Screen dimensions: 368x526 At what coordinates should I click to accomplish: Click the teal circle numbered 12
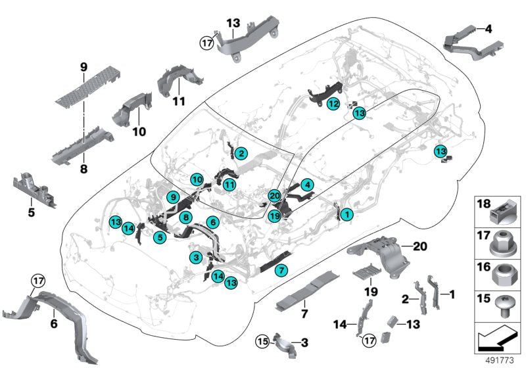[x=334, y=104]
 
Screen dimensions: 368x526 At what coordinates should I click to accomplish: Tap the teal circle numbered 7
[x=280, y=270]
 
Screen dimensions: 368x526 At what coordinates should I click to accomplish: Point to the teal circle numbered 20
[x=275, y=195]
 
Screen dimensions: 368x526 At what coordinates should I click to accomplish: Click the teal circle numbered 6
[x=212, y=222]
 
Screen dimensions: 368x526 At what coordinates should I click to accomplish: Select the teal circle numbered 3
[x=196, y=256]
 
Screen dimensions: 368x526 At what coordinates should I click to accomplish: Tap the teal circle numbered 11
[x=229, y=186]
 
